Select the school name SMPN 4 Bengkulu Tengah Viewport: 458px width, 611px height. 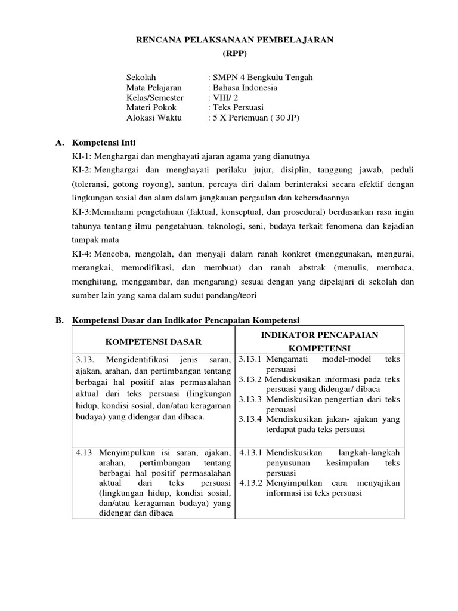262,77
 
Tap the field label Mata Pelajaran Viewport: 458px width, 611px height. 154,87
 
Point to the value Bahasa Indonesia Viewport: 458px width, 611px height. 245,87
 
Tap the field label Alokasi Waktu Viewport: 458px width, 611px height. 156,118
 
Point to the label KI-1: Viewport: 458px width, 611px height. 81,156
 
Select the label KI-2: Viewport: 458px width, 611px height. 82,170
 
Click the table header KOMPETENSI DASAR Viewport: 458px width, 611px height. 153,342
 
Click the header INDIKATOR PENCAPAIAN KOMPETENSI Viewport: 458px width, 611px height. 320,342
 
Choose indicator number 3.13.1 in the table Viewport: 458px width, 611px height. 251,359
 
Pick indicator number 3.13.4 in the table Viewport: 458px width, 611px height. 251,419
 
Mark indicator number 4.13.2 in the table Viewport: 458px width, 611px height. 251,483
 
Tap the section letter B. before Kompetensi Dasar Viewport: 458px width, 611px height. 59,320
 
